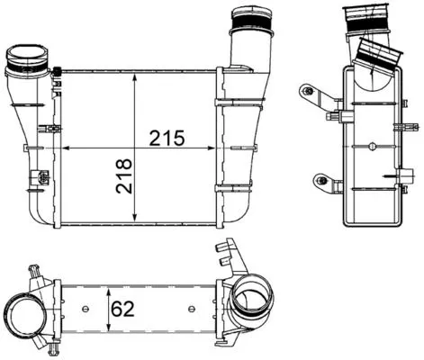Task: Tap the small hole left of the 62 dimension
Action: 86,310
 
